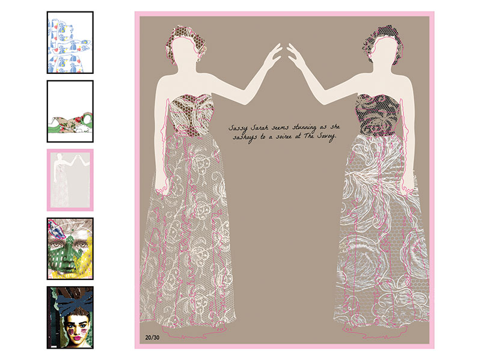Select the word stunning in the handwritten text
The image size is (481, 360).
point(304,127)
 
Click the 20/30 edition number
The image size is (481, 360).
point(152,337)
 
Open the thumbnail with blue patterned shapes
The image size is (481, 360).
point(70,42)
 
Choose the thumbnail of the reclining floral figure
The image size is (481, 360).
point(70,111)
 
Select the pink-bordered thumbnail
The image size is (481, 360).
point(70,180)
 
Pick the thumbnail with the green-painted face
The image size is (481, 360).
point(70,249)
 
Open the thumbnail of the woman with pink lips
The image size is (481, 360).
point(70,318)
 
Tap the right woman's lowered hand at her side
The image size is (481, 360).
point(409,184)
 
